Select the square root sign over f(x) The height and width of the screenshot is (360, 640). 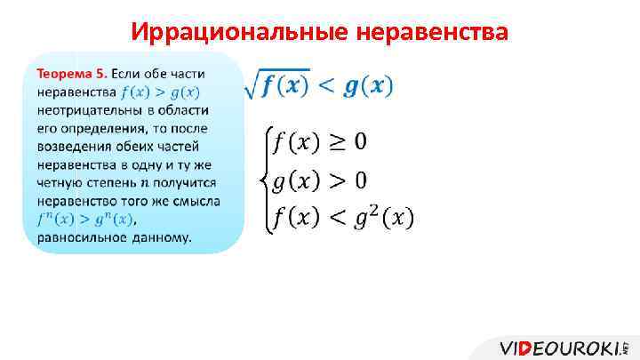[252, 84]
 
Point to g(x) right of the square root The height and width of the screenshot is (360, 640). [368, 85]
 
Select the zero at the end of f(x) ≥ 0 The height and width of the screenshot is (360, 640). [361, 142]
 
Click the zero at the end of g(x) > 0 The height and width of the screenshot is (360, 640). [361, 181]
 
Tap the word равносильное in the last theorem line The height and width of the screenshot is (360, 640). [79, 237]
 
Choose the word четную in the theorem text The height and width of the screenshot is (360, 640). [60, 182]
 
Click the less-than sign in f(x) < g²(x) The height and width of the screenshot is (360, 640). [337, 217]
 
